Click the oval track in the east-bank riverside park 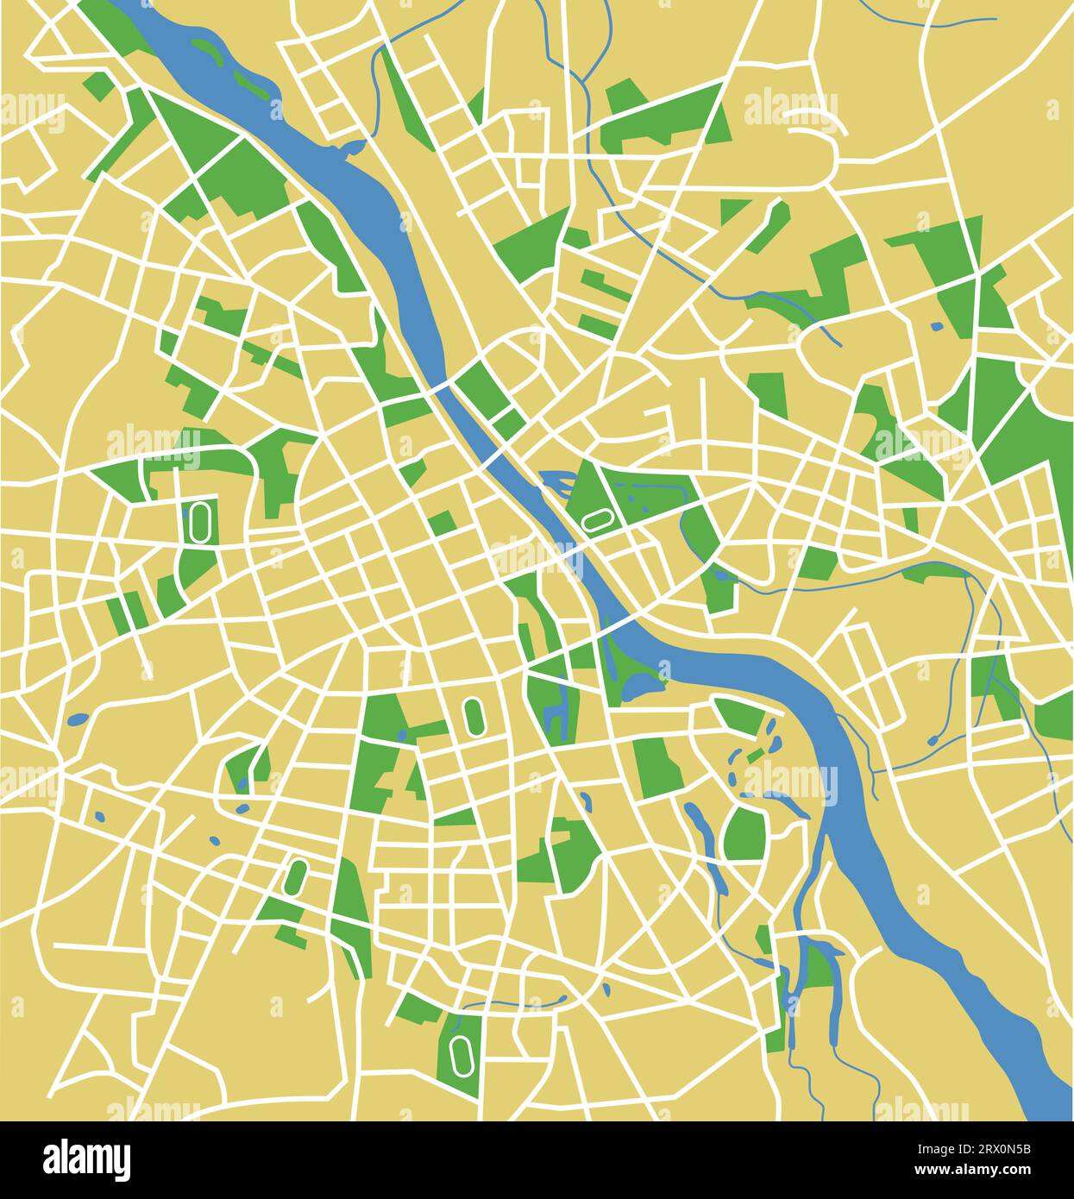tap(597, 520)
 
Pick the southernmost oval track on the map tap(459, 1052)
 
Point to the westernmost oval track tap(201, 522)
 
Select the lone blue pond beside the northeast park tap(937, 326)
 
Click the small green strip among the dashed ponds tap(754, 756)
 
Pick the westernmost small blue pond tap(77, 718)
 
